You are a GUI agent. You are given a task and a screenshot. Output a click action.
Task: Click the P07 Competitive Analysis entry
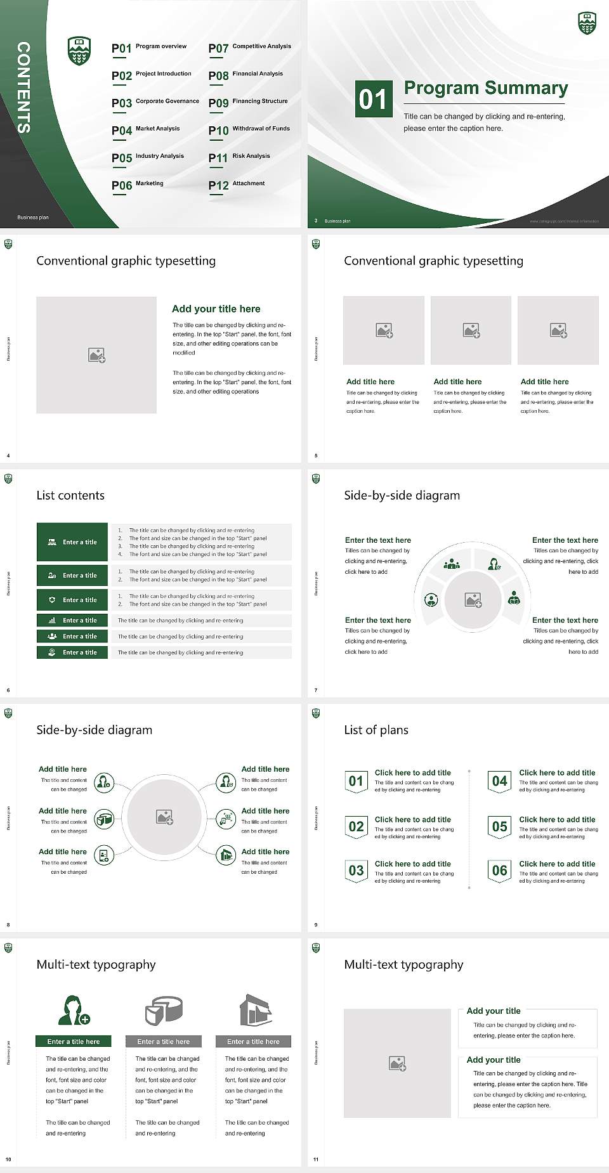250,48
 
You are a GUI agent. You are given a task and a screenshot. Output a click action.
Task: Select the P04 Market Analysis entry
146,130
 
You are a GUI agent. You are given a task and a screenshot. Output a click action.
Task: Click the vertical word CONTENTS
23,87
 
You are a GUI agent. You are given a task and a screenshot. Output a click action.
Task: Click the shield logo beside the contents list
79,51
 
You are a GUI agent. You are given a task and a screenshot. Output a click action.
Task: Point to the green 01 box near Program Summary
373,99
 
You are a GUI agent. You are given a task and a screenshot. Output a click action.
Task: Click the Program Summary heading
485,88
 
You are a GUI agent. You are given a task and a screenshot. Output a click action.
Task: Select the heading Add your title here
216,309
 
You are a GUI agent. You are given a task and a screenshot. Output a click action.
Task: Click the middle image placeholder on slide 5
471,330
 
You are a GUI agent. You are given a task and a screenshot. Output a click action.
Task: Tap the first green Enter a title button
72,542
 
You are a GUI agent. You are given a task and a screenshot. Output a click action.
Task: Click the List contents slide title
70,495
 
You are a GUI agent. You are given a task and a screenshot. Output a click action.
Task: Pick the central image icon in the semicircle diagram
473,600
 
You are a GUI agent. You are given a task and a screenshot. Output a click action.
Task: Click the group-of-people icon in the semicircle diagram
452,564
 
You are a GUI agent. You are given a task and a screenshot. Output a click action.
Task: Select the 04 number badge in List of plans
500,781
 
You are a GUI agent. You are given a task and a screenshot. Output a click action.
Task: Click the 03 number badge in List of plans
356,871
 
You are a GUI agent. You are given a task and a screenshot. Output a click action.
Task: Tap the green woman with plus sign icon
74,1011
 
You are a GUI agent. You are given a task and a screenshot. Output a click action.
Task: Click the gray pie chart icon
164,1010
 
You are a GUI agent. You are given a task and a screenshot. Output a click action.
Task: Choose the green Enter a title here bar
73,1041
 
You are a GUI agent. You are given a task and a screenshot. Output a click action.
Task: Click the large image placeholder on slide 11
397,1063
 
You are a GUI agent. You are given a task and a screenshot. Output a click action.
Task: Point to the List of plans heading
376,730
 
